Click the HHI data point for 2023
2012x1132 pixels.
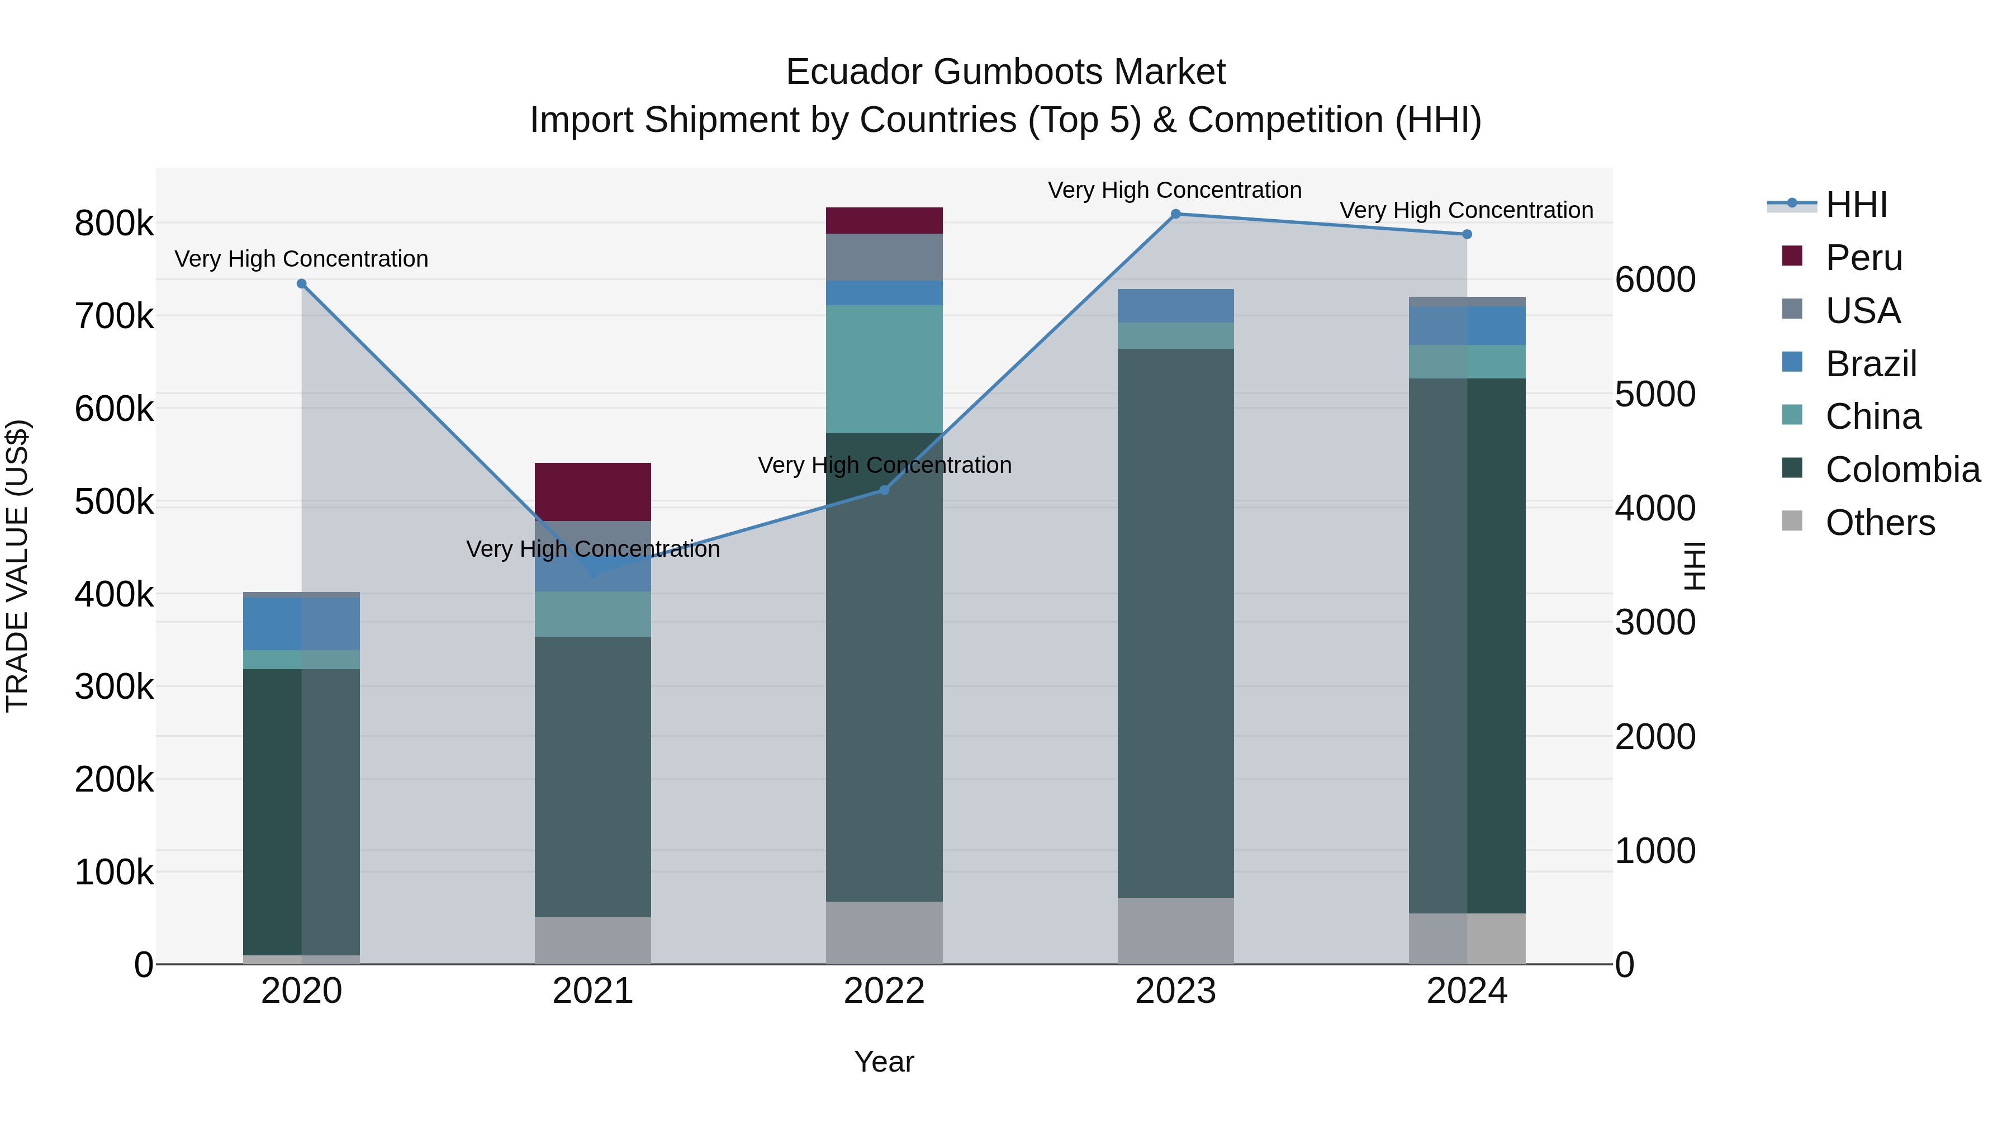pos(1175,214)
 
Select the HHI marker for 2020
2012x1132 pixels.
pos(301,283)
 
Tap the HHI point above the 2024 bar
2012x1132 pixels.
pos(1467,234)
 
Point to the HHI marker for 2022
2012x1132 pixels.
pos(884,490)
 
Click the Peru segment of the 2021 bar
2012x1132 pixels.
pos(593,491)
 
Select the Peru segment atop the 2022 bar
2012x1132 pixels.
pos(884,220)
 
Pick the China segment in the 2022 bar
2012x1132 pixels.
pos(884,369)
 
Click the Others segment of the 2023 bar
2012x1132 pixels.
pos(1175,930)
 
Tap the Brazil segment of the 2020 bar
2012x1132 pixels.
pos(301,623)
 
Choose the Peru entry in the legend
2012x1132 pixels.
pos(1863,258)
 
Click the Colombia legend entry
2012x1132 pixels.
pos(1902,470)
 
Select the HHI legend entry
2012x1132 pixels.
pos(1856,205)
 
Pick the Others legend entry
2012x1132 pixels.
pos(1880,523)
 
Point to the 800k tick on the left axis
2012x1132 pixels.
pos(114,224)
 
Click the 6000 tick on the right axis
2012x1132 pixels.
pos(1655,280)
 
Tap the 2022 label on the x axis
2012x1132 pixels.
pos(884,991)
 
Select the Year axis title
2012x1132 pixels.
pos(884,1062)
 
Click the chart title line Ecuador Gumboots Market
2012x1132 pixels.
pos(1005,72)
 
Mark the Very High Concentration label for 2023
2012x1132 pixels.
pos(1175,190)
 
